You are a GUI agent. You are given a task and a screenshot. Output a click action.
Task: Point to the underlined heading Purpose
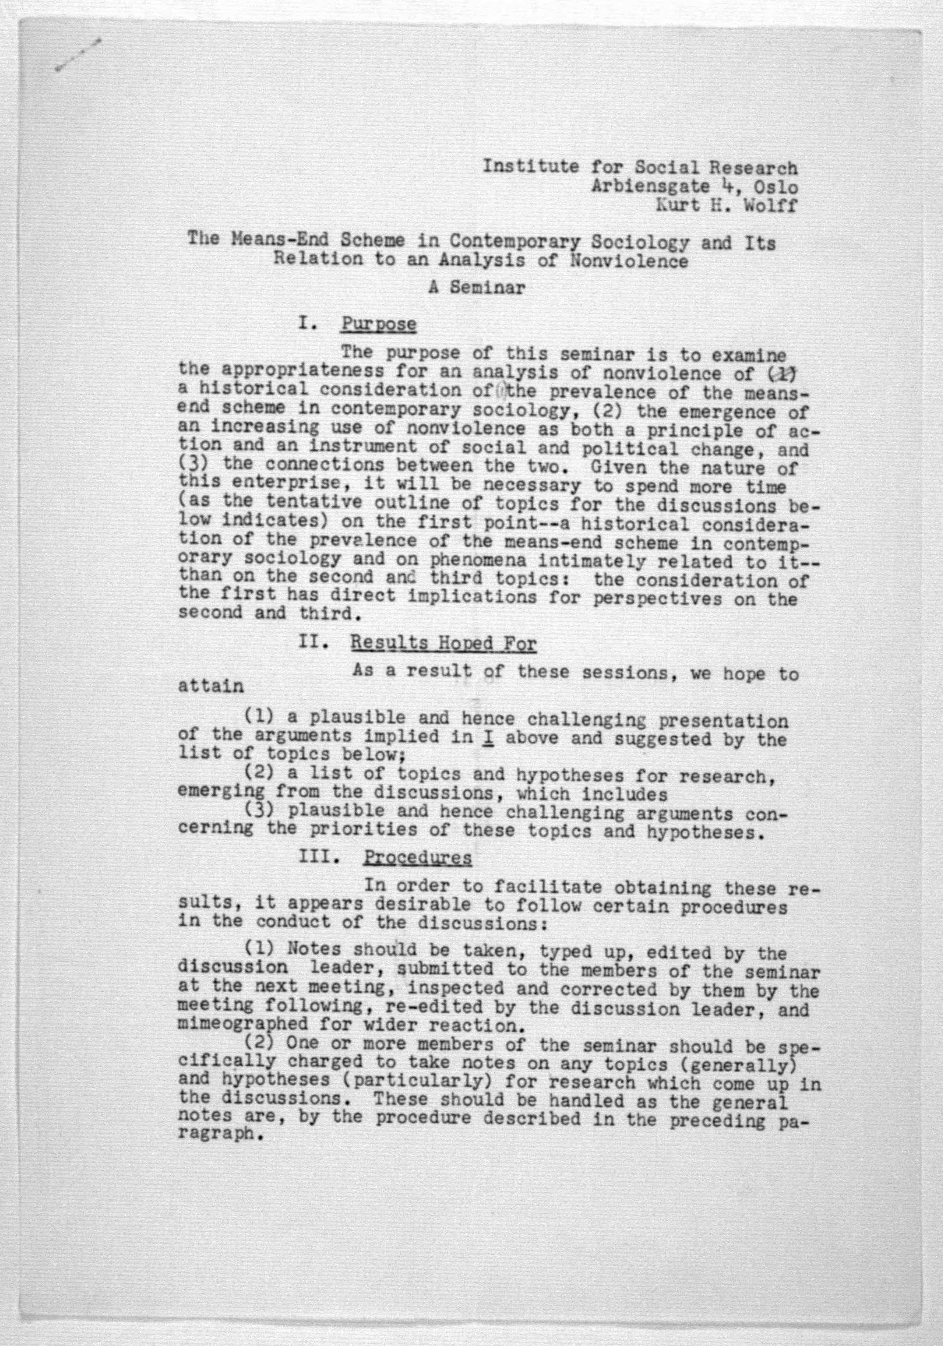click(x=379, y=324)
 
